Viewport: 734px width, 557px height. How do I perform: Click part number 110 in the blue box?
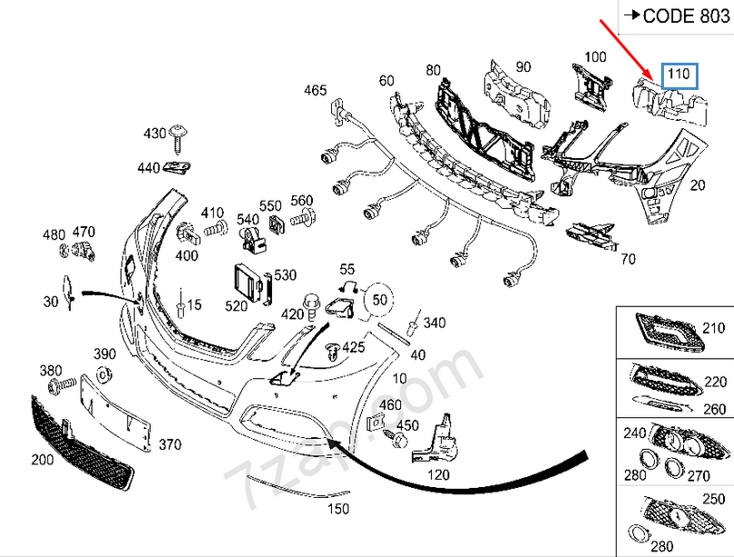pos(679,74)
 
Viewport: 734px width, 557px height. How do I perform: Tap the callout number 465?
pos(315,90)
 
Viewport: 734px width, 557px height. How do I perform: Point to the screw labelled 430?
pos(179,135)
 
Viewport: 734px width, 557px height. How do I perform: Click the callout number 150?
pos(337,509)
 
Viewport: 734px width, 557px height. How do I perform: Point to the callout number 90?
pos(523,66)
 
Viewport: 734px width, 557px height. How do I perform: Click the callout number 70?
pos(628,259)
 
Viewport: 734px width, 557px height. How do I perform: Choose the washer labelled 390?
pos(104,374)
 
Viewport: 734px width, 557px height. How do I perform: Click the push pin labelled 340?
pos(415,323)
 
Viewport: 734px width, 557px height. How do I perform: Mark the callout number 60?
pos(387,81)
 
